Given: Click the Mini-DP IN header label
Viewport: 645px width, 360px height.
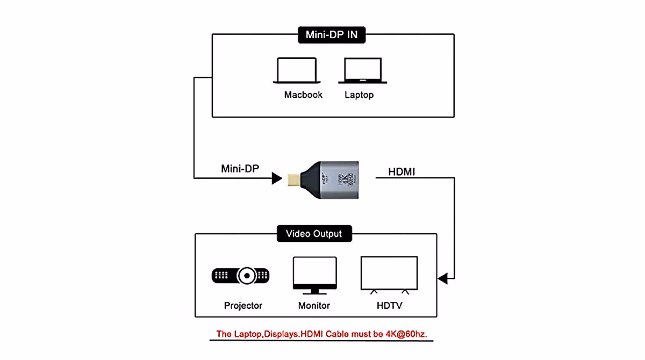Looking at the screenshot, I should (x=332, y=35).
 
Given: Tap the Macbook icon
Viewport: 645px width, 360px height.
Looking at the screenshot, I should (x=297, y=70).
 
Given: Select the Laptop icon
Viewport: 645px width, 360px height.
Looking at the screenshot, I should (x=363, y=71).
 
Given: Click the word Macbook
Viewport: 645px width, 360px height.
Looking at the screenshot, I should (x=303, y=95).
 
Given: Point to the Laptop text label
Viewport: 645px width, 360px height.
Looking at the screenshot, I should (x=359, y=95).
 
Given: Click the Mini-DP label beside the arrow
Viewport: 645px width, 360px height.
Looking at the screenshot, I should (x=240, y=169).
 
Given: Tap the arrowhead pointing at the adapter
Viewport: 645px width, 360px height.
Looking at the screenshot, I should (x=277, y=178).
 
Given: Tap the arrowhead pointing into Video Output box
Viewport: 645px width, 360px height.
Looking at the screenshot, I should (x=442, y=279).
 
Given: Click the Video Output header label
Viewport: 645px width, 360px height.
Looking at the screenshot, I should (x=314, y=234).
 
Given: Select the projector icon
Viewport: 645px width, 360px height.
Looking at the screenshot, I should (x=240, y=276).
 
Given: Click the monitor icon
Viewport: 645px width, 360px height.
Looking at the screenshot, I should (x=314, y=275).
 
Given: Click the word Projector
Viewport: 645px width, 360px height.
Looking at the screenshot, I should (x=243, y=306).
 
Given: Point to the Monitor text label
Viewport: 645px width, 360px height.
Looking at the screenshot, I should (x=314, y=306).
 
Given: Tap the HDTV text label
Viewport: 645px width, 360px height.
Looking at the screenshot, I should (x=389, y=306).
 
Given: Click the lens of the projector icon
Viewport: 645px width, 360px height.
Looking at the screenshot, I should (x=247, y=276).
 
